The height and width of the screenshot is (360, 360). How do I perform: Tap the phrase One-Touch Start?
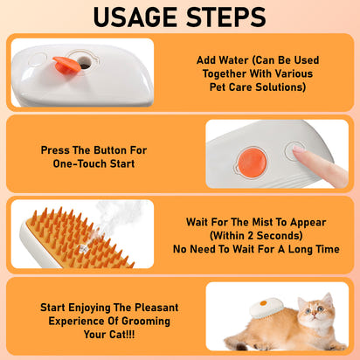(93, 164)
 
